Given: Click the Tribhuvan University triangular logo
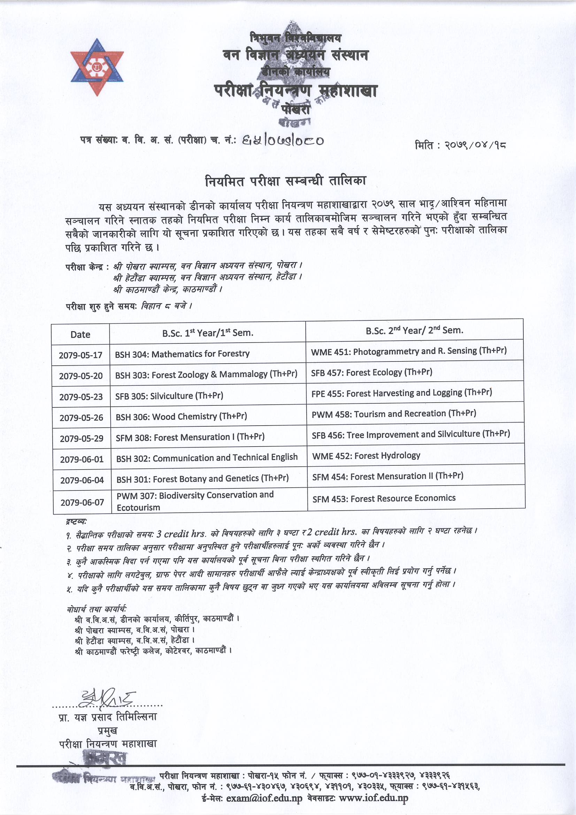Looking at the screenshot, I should coord(97,67).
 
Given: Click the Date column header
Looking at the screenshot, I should coord(80,334).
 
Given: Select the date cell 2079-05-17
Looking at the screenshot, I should coord(80,355).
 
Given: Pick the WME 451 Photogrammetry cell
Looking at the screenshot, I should coord(408,351).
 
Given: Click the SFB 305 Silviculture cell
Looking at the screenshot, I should coord(169,395).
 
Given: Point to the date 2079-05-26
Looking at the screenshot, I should coord(81,418).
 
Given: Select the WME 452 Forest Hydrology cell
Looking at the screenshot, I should coord(366,455).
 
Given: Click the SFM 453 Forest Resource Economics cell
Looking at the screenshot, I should coord(384,498).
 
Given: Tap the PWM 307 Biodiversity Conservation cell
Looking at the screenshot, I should coord(195,501).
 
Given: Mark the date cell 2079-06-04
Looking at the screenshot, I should coord(82,480).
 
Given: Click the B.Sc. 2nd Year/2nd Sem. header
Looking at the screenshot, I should coord(414,330).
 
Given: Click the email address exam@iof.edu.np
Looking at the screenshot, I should coord(264,799).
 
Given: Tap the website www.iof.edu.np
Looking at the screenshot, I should coord(373,798).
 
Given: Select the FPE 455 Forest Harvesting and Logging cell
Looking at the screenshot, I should coord(401,393).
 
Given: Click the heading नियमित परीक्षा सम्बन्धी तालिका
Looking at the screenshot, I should coord(285,181).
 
